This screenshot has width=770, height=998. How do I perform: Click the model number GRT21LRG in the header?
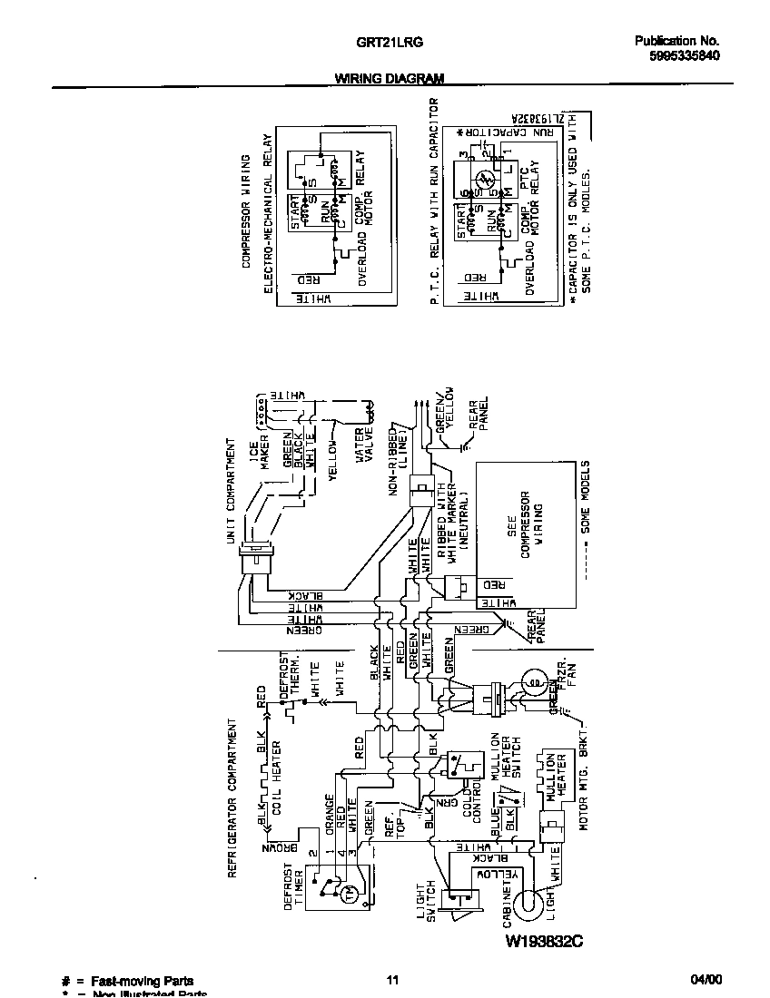pyautogui.click(x=379, y=42)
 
